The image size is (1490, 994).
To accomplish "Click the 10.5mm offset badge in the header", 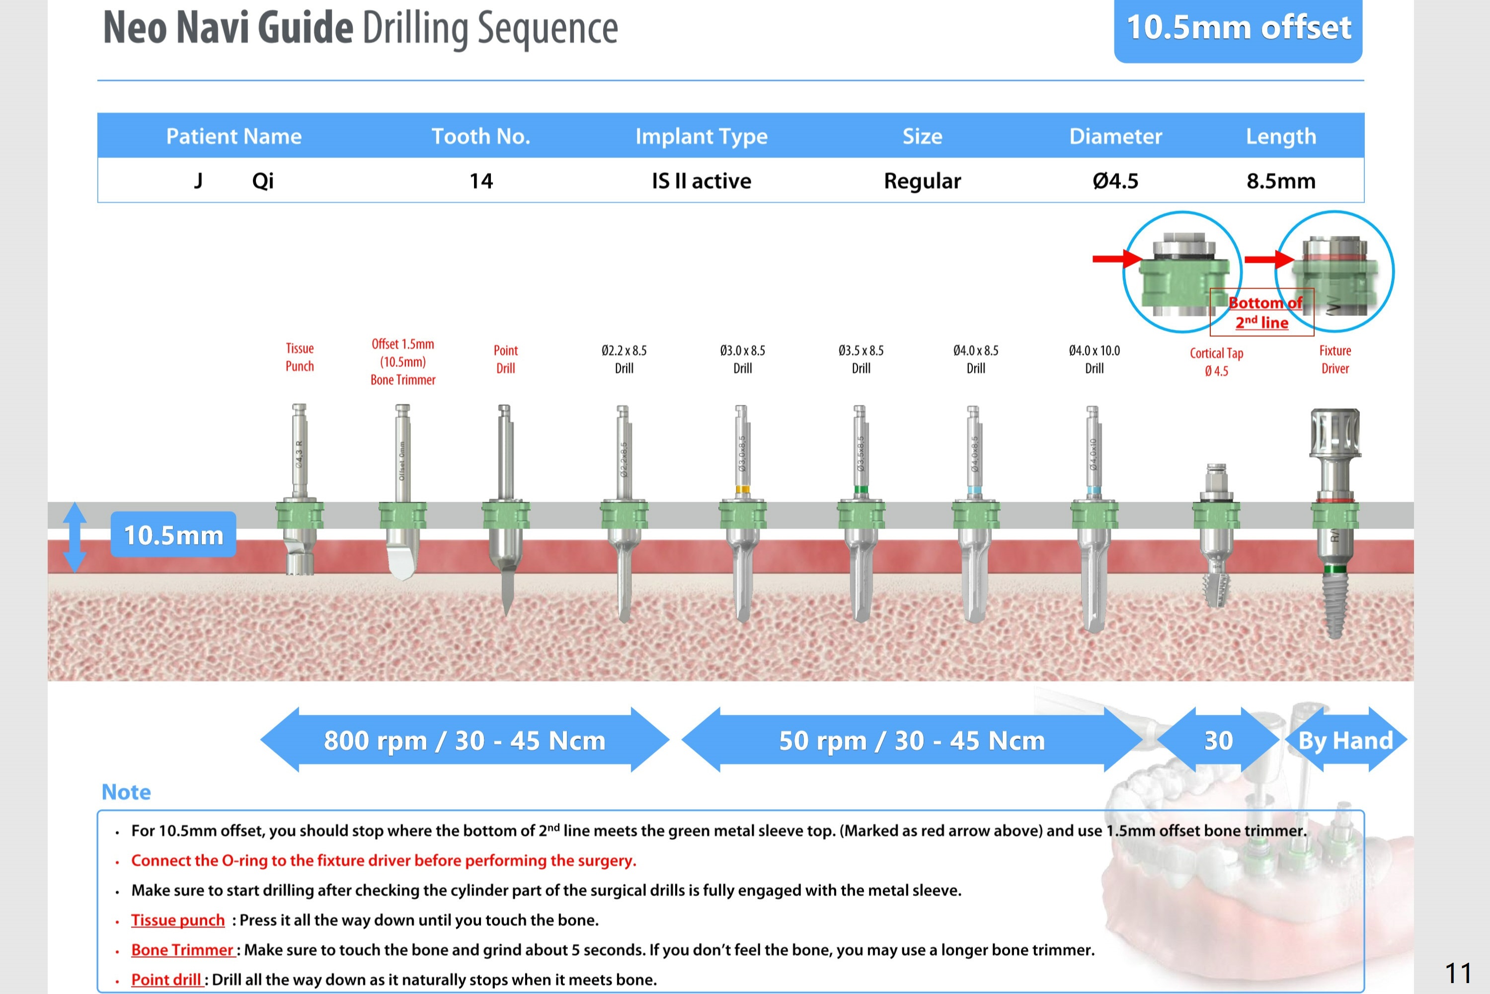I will (1238, 28).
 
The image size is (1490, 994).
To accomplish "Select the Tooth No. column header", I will (480, 136).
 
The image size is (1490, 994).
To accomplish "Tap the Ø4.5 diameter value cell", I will (1115, 181).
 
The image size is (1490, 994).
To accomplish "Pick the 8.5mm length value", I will (1281, 181).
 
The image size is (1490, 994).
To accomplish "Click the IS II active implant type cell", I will (701, 181).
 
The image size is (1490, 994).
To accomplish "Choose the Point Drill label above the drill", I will (505, 360).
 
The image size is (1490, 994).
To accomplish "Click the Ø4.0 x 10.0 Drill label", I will (1095, 360).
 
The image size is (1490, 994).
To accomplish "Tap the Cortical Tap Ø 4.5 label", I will (1216, 362).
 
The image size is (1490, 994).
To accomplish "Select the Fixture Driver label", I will (1334, 360).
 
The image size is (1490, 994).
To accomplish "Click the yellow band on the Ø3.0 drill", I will (742, 489).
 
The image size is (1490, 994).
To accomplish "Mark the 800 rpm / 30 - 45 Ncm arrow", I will (465, 740).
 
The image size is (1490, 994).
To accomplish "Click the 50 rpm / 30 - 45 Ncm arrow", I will (911, 740).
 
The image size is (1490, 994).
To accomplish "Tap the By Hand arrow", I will (1345, 740).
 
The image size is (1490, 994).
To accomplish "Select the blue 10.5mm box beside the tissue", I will (173, 535).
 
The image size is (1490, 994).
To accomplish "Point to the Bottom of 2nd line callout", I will (1262, 312).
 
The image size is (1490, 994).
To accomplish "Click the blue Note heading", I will (126, 792).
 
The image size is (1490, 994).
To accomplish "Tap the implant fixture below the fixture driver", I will (1334, 602).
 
